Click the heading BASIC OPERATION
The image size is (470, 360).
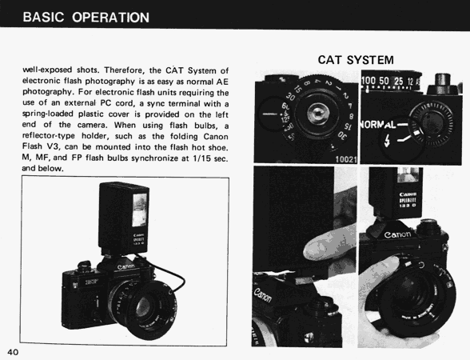point(86,18)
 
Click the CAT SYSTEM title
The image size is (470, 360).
point(356,60)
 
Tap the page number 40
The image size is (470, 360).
point(13,352)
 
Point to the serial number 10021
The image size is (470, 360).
point(346,159)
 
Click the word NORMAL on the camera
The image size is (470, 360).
point(378,124)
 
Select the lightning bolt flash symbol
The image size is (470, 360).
point(387,141)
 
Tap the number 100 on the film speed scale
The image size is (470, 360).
point(368,80)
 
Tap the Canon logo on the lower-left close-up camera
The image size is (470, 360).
point(263,295)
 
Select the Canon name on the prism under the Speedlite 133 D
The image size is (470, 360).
point(398,234)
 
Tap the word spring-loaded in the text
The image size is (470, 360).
point(48,114)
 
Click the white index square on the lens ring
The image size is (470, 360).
point(416,133)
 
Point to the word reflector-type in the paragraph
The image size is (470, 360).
point(49,136)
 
